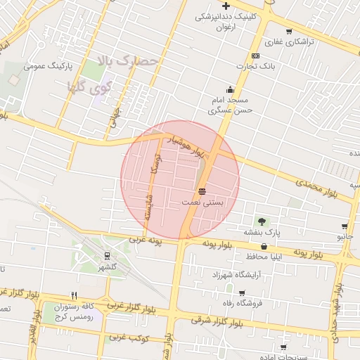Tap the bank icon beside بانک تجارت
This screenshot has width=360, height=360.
click(255, 56)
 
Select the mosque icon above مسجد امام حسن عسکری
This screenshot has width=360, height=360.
click(230, 89)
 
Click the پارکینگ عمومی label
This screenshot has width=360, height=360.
click(44, 66)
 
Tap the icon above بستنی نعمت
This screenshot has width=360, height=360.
click(202, 191)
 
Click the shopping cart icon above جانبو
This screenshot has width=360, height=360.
click(344, 226)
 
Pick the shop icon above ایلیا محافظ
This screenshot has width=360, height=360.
click(264, 246)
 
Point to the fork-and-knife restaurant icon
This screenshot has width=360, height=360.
click(74, 295)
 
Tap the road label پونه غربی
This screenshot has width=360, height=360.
click(145, 241)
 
